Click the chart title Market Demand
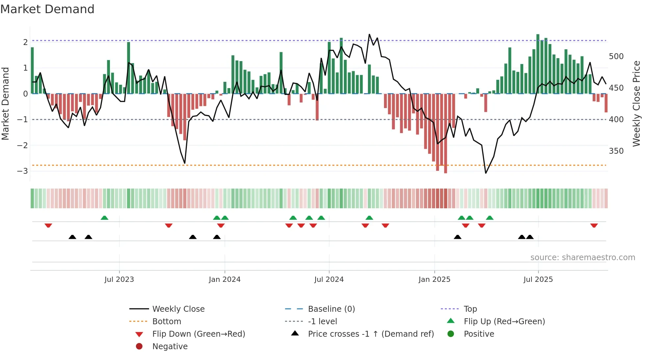pyautogui.click(x=47, y=9)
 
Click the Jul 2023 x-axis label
pyautogui.click(x=119, y=279)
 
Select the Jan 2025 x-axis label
pyautogui.click(x=434, y=279)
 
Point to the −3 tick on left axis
pyautogui.click(x=22, y=171)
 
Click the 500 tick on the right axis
pyautogui.click(x=616, y=57)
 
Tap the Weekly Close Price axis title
pyautogui.click(x=636, y=103)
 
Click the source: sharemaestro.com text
pyautogui.click(x=582, y=257)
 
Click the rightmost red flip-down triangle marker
pyautogui.click(x=594, y=225)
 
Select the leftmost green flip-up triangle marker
pyautogui.click(x=104, y=218)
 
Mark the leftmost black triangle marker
pyautogui.click(x=72, y=237)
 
